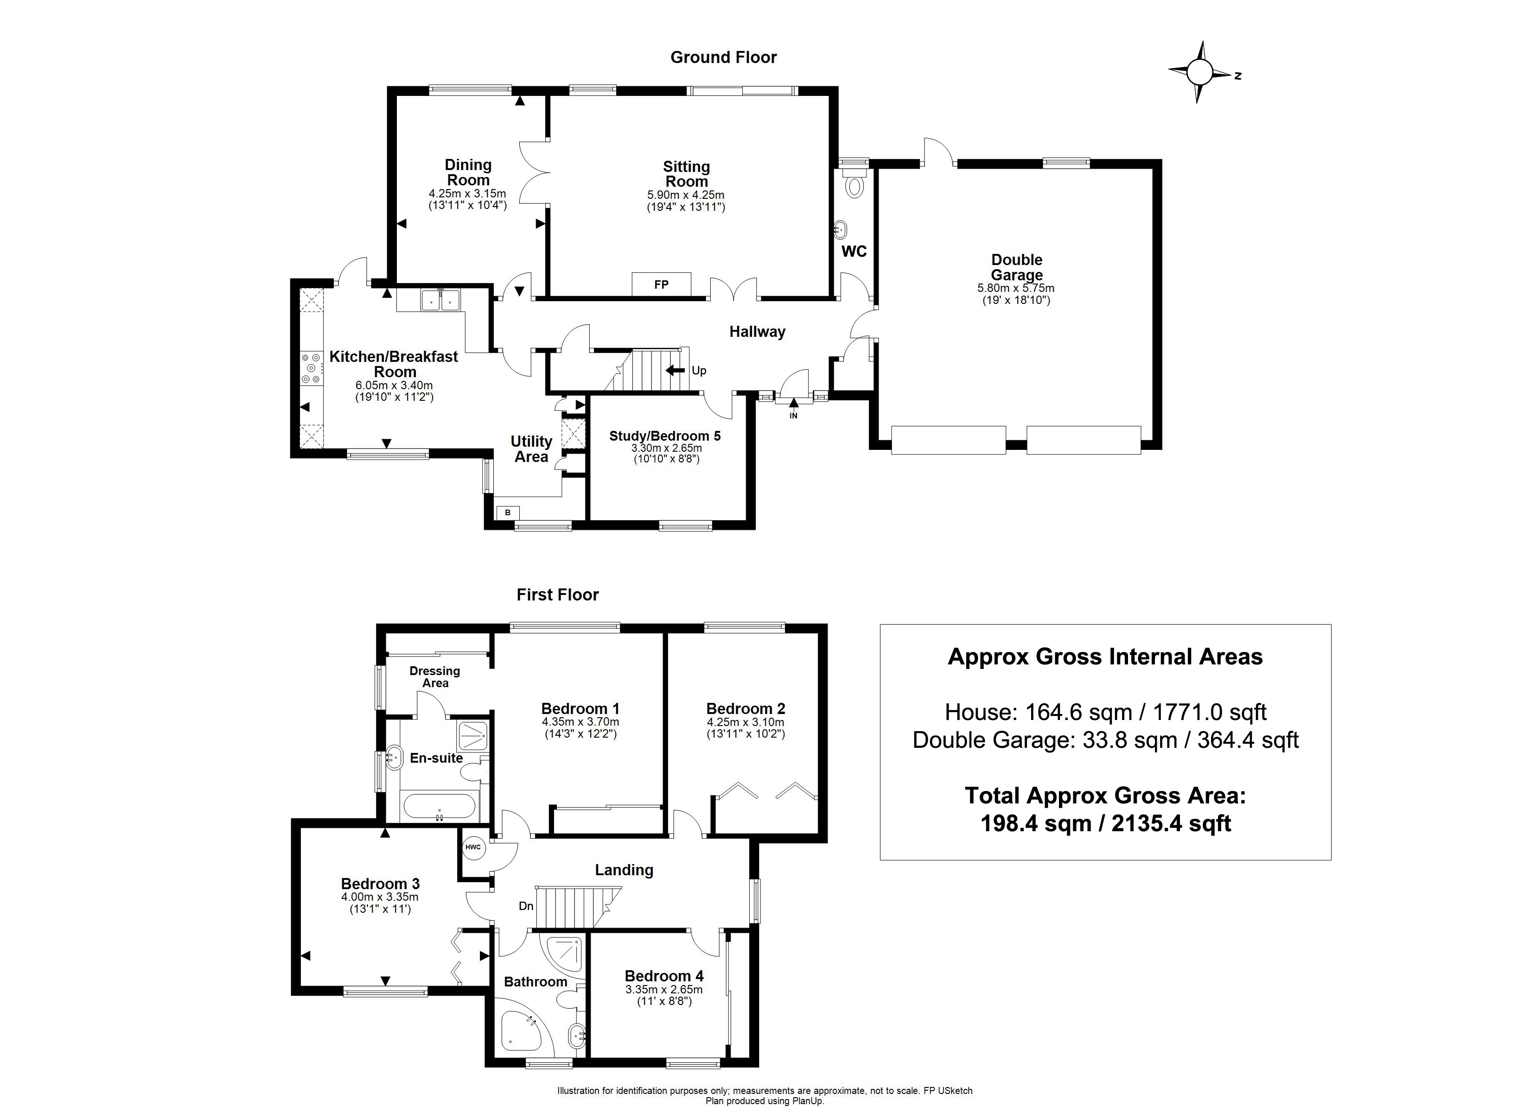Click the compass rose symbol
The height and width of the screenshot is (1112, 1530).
click(1199, 71)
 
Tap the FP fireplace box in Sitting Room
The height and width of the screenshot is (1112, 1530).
click(661, 284)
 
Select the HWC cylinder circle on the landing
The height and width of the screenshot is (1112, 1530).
click(473, 847)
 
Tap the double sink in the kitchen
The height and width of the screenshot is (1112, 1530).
click(440, 300)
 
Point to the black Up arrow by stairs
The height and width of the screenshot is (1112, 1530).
click(675, 370)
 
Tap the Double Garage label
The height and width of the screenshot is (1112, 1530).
click(1017, 267)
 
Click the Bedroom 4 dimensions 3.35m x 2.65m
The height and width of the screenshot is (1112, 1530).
click(664, 989)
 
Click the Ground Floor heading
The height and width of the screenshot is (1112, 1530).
click(723, 57)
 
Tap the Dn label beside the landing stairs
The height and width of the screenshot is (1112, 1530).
click(526, 906)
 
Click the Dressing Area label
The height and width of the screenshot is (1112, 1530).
click(434, 676)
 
